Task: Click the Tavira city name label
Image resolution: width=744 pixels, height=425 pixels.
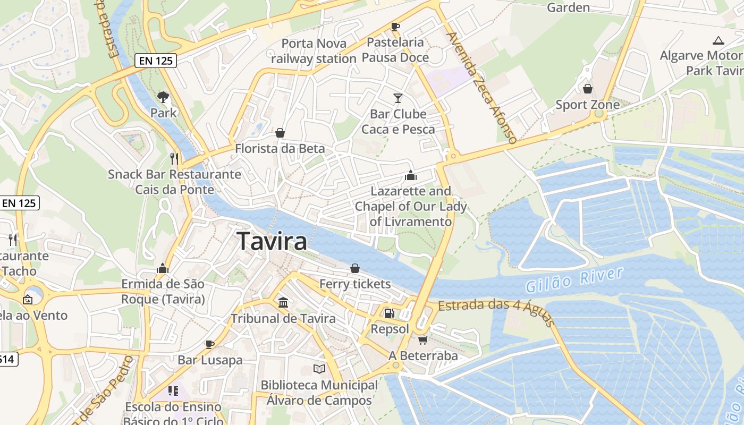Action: pyautogui.click(x=272, y=241)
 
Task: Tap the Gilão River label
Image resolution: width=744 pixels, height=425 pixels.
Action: pyautogui.click(x=573, y=280)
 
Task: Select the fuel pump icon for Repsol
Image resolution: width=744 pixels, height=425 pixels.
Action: pyautogui.click(x=390, y=313)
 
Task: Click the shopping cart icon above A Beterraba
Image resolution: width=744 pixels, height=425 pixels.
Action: pyautogui.click(x=422, y=340)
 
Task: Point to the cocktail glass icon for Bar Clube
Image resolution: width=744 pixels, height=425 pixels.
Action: pyautogui.click(x=398, y=98)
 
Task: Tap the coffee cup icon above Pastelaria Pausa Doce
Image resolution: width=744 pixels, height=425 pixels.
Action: pyautogui.click(x=395, y=26)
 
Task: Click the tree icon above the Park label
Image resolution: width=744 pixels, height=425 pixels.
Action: pyautogui.click(x=163, y=97)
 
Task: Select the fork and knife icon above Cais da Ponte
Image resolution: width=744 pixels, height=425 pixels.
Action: pyautogui.click(x=174, y=158)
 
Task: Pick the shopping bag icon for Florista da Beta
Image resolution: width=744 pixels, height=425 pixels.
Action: pyautogui.click(x=280, y=133)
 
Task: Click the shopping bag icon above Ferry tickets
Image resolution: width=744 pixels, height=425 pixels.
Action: pyautogui.click(x=355, y=268)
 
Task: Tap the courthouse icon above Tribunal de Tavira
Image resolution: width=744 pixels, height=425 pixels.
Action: pyautogui.click(x=283, y=302)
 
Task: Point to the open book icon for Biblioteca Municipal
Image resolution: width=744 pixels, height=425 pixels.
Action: pyautogui.click(x=319, y=369)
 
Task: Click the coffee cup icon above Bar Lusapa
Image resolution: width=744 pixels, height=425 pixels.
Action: pyautogui.click(x=210, y=344)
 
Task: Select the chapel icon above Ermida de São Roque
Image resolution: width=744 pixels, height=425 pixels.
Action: pyautogui.click(x=163, y=268)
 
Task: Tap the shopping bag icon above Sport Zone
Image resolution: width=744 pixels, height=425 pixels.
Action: pyautogui.click(x=588, y=88)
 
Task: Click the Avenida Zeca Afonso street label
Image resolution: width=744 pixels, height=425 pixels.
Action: pyautogui.click(x=482, y=88)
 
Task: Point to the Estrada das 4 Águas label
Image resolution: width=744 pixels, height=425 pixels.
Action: pyautogui.click(x=497, y=311)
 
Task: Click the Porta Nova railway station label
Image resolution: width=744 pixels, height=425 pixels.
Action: pyautogui.click(x=314, y=51)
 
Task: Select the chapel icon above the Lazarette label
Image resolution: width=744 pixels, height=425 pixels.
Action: pyautogui.click(x=410, y=175)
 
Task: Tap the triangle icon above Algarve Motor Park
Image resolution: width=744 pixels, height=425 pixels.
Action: pyautogui.click(x=718, y=40)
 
